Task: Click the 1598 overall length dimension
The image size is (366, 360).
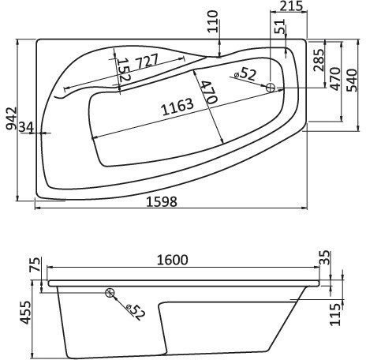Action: pos(162,201)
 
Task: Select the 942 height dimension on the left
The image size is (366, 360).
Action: pos(9,118)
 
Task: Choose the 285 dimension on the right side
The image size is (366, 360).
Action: pos(319,61)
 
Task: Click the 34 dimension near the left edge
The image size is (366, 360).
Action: pos(24,127)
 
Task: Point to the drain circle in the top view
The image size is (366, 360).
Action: pos(271,88)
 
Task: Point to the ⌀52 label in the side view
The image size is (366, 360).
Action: pos(133,311)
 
